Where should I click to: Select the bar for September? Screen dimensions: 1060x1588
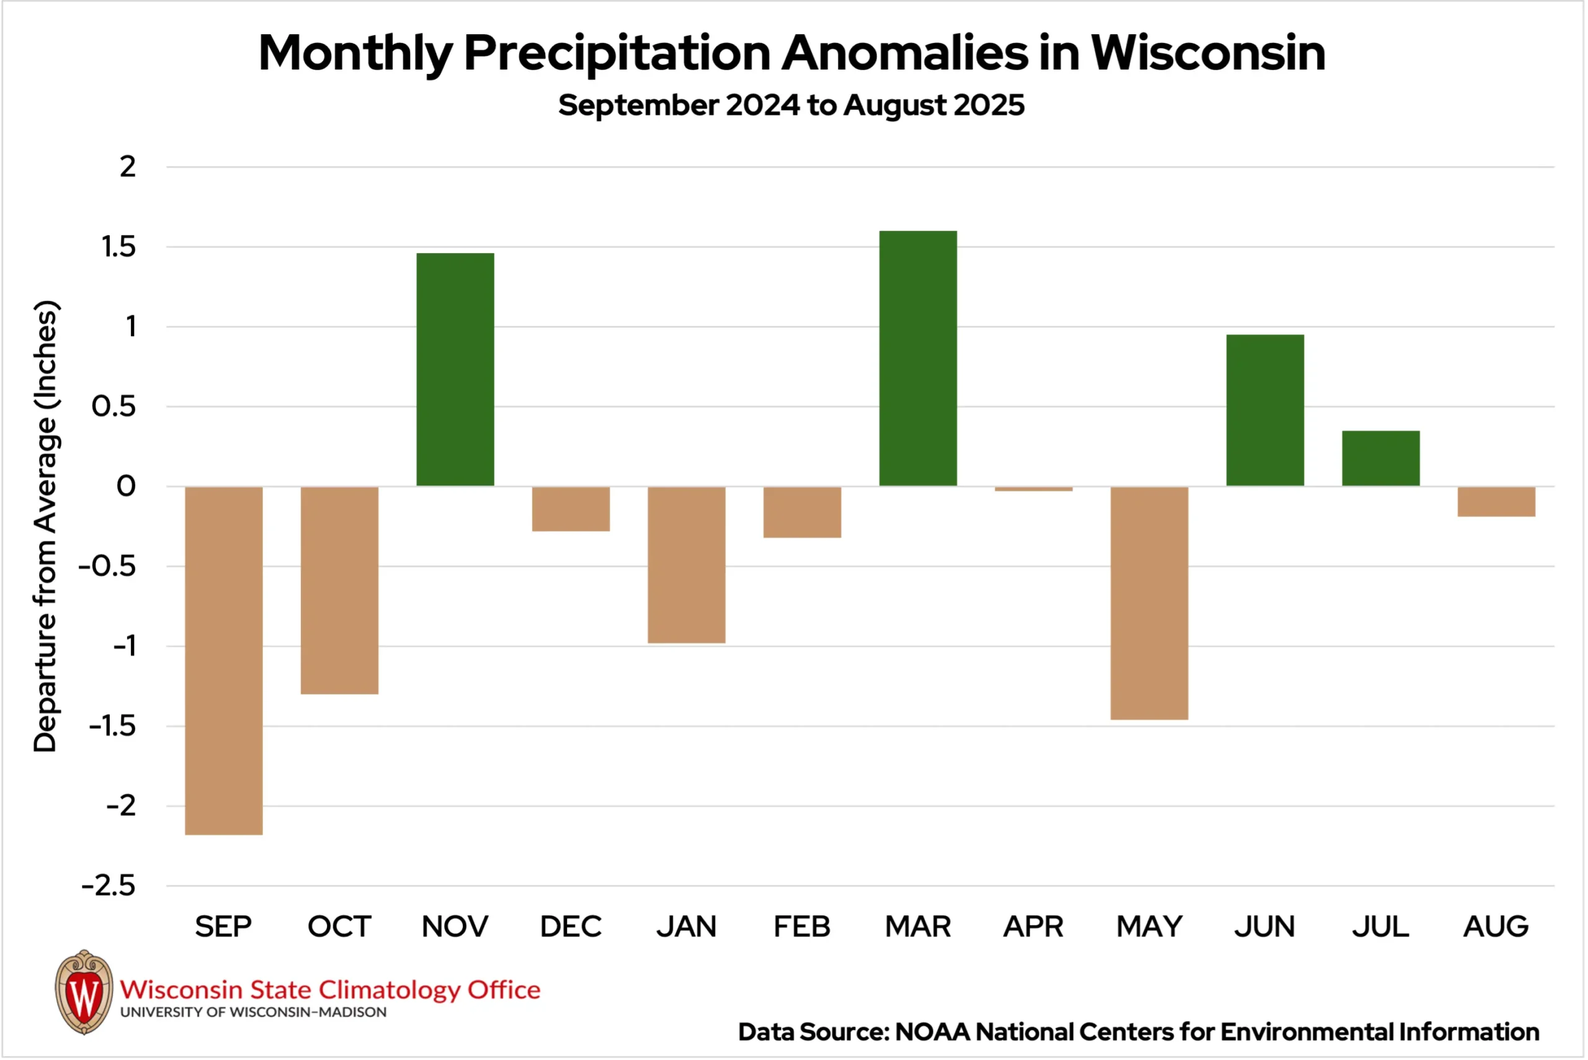(224, 661)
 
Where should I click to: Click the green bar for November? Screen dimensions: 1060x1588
(455, 369)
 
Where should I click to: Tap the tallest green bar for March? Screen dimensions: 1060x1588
(917, 359)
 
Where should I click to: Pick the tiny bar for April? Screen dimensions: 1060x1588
(1033, 489)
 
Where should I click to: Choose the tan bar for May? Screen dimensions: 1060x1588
(1149, 603)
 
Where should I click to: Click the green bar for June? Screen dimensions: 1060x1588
(1264, 411)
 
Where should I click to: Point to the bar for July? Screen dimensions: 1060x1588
(1380, 458)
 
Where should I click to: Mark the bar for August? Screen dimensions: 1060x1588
(1496, 502)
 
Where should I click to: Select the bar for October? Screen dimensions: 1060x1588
(339, 590)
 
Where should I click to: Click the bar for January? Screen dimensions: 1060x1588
(686, 564)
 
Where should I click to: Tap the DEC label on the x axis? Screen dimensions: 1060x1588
(571, 927)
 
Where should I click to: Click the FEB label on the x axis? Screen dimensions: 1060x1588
(802, 927)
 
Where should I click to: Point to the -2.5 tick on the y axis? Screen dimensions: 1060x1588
(109, 886)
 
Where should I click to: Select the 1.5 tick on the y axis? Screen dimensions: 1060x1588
(118, 247)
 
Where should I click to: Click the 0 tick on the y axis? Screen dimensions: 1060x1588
(127, 486)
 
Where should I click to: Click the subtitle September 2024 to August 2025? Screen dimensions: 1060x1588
(791, 105)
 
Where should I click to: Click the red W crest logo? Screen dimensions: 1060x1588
(84, 992)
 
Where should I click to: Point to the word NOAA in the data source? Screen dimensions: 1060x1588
(933, 1032)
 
